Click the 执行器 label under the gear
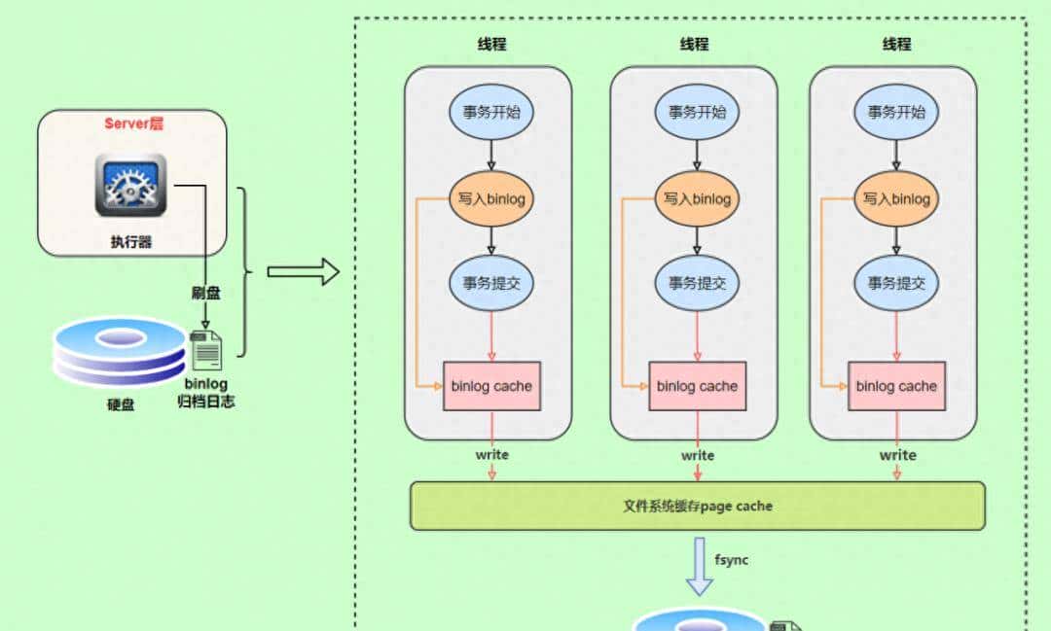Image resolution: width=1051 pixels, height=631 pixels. click(x=130, y=242)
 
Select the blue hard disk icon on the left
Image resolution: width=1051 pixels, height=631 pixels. click(x=119, y=352)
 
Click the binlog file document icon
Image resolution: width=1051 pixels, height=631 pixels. click(x=206, y=350)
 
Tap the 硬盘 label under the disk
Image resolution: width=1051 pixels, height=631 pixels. click(x=121, y=403)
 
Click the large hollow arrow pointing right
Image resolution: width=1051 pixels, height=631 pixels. click(x=303, y=272)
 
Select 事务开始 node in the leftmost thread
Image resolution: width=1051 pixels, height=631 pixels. click(x=491, y=111)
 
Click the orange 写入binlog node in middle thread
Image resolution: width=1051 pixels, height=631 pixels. click(x=697, y=198)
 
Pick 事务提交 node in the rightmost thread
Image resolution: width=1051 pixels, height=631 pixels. click(x=896, y=283)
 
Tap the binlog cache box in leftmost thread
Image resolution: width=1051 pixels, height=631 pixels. click(x=491, y=386)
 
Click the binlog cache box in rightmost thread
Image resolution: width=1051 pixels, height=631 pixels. click(x=896, y=386)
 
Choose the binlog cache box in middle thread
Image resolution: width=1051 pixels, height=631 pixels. click(x=697, y=386)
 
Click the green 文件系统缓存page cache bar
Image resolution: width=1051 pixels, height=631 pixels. click(x=697, y=506)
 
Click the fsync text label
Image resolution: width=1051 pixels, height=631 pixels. click(x=732, y=561)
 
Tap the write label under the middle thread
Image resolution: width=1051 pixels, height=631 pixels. click(x=697, y=455)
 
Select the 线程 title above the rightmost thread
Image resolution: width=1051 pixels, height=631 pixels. click(x=896, y=44)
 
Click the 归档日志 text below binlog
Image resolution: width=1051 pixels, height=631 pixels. click(x=205, y=401)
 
